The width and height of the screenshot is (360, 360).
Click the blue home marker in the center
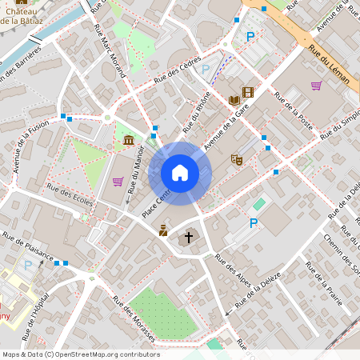pos(180,173)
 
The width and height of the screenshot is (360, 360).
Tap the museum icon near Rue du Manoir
pos(129,142)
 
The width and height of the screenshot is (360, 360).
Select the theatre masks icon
pos(236,159)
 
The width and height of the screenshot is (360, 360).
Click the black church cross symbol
pos(189,237)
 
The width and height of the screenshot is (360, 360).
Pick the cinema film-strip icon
pos(248,92)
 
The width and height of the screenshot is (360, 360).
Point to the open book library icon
pos(234,100)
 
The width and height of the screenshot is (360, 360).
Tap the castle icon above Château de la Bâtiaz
pos(22,2)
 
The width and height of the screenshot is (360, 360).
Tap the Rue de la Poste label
pos(293,111)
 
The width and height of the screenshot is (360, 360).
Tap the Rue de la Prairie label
pos(323,289)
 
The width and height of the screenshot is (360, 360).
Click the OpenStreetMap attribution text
pos(69,354)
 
